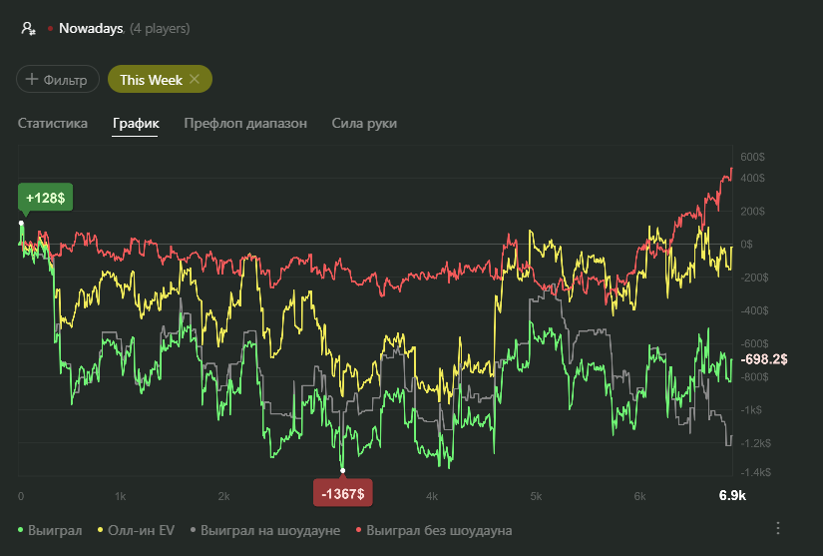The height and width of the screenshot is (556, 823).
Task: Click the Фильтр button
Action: click(x=58, y=79)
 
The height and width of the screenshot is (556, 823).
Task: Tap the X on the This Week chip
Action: click(x=195, y=79)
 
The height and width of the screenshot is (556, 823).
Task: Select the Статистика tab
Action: click(x=53, y=123)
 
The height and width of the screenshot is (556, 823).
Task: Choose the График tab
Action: click(x=136, y=123)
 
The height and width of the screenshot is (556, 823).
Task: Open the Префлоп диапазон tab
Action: click(x=245, y=123)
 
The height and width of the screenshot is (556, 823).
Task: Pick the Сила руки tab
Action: click(x=364, y=123)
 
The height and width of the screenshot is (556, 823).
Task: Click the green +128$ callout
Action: click(x=46, y=198)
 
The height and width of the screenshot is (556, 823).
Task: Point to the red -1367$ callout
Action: click(x=343, y=492)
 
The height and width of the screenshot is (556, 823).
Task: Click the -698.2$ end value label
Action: click(x=765, y=358)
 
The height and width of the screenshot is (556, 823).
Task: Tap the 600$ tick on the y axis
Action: click(x=752, y=157)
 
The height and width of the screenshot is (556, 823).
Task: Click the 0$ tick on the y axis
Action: click(x=746, y=244)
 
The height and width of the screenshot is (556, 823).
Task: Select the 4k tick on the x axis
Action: click(x=432, y=495)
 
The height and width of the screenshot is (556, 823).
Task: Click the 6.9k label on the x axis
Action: click(x=732, y=495)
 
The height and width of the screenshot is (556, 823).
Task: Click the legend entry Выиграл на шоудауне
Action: click(x=269, y=529)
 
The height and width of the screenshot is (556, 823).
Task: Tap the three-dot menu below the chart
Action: click(x=779, y=528)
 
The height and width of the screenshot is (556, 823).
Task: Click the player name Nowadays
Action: click(x=90, y=29)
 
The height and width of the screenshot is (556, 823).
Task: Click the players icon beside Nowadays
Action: click(x=29, y=29)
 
